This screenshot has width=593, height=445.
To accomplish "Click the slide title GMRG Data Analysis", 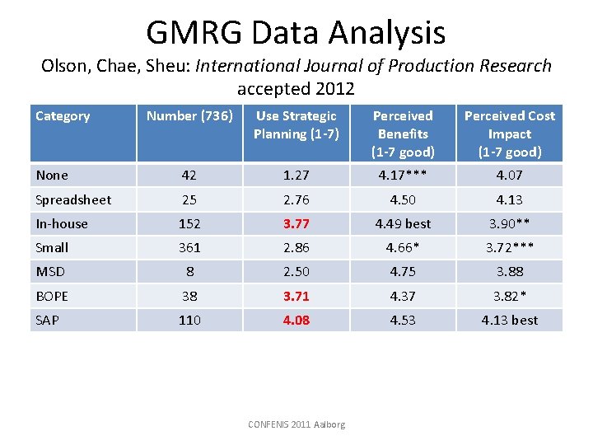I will coord(296,33).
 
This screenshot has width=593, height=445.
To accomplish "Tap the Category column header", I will coord(63,116).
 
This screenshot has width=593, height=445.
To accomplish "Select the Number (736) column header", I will coord(189,116).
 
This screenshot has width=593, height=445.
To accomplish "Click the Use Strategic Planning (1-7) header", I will coord(296,125).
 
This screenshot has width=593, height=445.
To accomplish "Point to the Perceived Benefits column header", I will coord(403,133).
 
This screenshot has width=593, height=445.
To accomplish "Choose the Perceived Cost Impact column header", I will coord(510,133).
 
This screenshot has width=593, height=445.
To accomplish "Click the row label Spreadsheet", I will coord(73,199).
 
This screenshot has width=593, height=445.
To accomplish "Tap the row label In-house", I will coord(62,223).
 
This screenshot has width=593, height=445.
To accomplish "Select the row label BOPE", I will coord(52,296).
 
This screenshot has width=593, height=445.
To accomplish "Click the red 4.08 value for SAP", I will coord(296,320).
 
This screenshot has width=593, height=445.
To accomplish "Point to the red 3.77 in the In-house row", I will coord(296,223).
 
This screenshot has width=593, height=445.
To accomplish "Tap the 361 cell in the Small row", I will coord(189,247).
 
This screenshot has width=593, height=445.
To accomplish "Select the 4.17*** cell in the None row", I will coord(403,175).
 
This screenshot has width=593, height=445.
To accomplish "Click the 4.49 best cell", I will coord(403,223).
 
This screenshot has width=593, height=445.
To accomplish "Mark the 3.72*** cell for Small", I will coord(510,247).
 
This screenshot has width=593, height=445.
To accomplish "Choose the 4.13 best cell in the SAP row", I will coord(510,320).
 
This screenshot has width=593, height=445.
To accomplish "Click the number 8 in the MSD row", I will coord(189,271).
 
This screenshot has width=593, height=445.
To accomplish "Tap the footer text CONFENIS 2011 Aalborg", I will coord(296,424).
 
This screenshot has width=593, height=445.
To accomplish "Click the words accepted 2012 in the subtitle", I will coord(296,88).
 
